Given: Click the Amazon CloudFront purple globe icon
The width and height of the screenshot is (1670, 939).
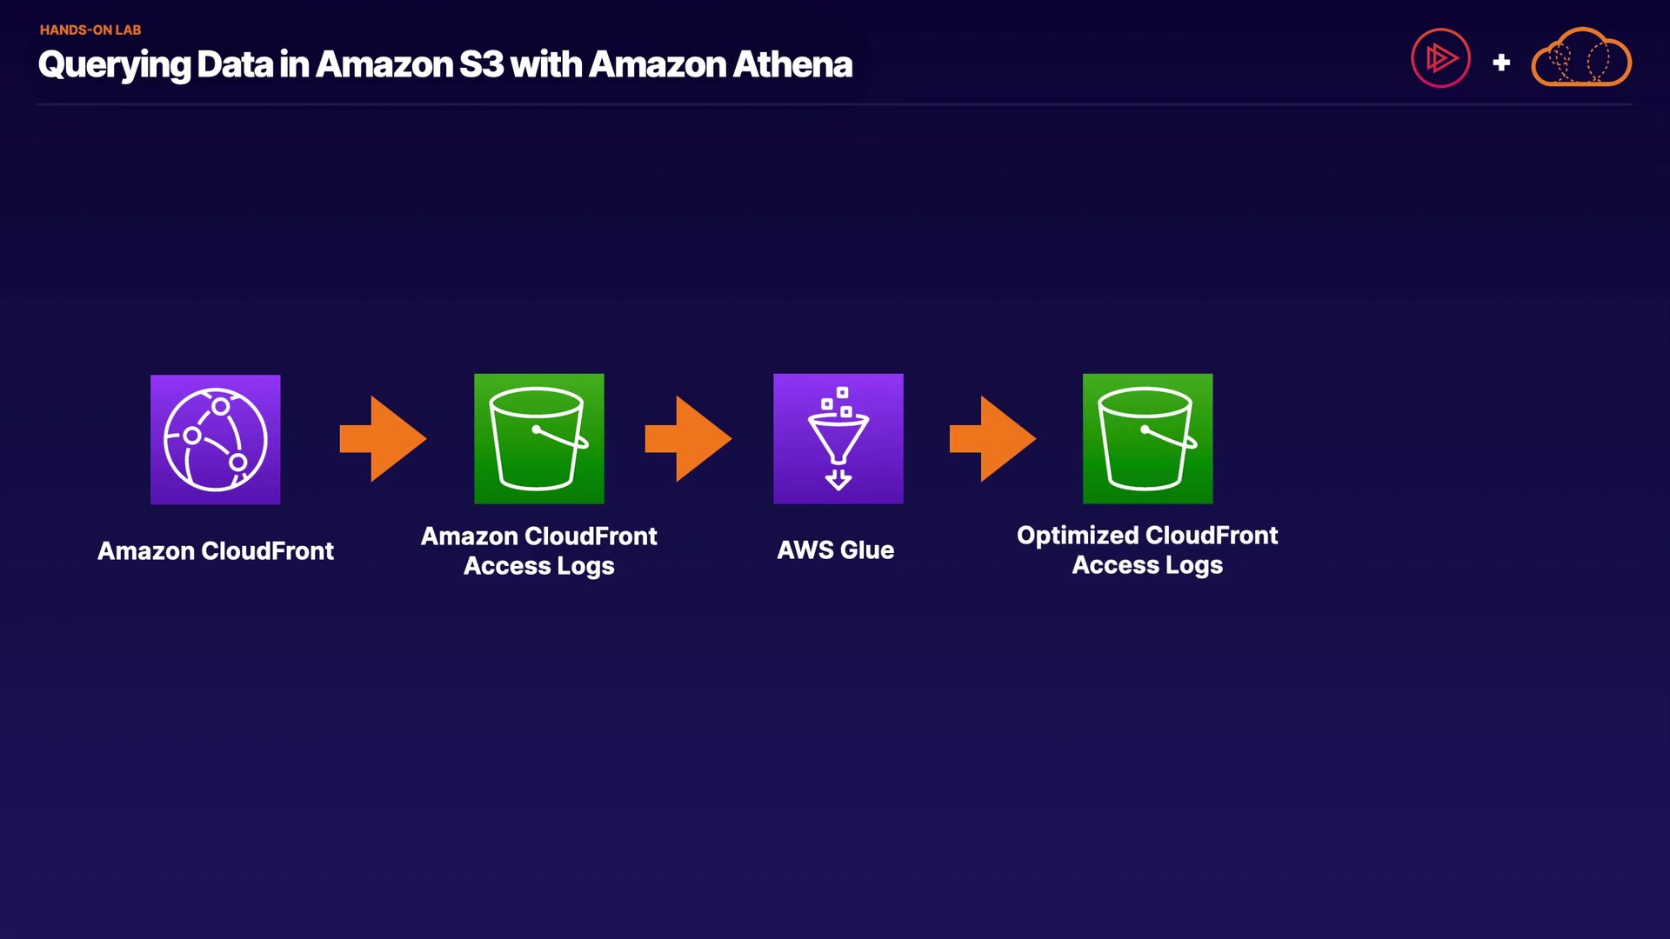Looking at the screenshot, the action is coord(215,439).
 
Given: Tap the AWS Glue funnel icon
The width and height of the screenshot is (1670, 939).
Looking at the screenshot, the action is coord(838,438).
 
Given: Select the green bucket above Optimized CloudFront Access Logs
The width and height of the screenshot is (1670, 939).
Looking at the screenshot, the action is coord(1146,438).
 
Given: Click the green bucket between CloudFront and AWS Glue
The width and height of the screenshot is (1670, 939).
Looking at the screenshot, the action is coord(538,438).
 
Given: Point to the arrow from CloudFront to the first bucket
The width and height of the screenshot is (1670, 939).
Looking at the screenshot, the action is coord(383,438).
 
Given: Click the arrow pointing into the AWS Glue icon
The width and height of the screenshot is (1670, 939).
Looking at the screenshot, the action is coord(688,438).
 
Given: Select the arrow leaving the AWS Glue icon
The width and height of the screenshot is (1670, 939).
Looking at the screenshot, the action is coord(992,438).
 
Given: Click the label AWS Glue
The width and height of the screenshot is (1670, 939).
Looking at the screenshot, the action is coord(835,550).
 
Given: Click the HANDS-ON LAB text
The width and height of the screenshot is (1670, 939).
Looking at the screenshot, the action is coord(90,30).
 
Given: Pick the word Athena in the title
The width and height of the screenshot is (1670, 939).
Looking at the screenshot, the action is coord(792,64).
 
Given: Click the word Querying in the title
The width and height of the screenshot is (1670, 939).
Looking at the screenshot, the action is coord(114,65).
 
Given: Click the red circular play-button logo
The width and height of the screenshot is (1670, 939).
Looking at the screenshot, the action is coord(1440,58).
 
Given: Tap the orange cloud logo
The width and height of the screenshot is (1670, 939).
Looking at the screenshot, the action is coord(1580,58).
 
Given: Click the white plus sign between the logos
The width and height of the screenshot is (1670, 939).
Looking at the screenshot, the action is coord(1501,63).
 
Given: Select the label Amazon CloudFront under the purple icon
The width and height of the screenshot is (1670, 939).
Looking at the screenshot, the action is coord(215,551).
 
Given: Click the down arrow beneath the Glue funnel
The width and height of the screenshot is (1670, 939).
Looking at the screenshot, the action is coord(838,479).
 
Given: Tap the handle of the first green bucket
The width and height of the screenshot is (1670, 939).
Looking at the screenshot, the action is coord(560,437).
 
